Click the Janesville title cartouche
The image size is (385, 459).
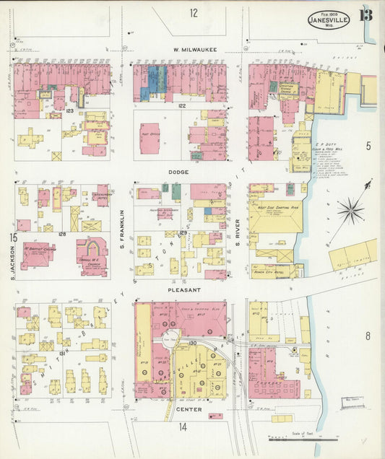click(x=329, y=19)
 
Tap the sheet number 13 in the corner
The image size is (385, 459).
click(x=366, y=14)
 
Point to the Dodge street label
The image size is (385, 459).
click(x=178, y=172)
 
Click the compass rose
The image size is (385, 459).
click(x=352, y=210)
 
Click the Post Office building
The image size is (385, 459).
click(x=150, y=137)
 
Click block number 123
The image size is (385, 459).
click(x=70, y=111)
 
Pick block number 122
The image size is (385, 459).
click(x=182, y=106)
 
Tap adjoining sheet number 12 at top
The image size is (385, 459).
click(x=194, y=13)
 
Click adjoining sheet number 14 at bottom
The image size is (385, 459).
click(x=183, y=427)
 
